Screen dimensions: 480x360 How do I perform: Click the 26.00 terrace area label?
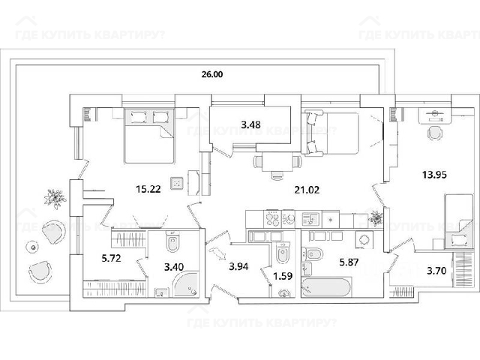[x=211, y=74]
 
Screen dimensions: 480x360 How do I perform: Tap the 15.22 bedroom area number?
[x=148, y=189]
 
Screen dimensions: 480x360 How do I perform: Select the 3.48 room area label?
[x=250, y=125]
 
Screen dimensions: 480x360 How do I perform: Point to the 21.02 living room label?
[x=307, y=190]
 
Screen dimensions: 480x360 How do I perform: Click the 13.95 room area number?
[x=434, y=175]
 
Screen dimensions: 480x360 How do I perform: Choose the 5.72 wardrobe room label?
[x=111, y=258]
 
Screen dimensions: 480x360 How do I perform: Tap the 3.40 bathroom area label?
[x=174, y=267]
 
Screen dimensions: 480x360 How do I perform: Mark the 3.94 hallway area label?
[x=238, y=267]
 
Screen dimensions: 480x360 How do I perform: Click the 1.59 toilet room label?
[x=283, y=276]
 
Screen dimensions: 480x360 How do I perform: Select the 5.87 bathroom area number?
[x=349, y=262]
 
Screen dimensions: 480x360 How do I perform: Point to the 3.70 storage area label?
[x=436, y=271]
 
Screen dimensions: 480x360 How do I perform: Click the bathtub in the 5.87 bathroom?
[x=326, y=287]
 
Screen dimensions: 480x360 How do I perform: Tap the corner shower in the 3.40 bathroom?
[x=185, y=284]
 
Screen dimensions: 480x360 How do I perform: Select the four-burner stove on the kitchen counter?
[x=273, y=219]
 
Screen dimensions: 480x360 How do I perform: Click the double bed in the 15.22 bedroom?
[x=149, y=136]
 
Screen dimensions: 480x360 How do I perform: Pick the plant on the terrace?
[x=55, y=199]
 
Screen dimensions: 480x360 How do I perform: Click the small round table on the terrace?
[x=32, y=247]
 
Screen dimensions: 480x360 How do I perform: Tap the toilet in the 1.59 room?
[x=283, y=253]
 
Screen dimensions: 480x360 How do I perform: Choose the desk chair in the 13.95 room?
[x=434, y=133]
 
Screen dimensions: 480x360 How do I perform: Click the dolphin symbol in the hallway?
[x=217, y=253]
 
